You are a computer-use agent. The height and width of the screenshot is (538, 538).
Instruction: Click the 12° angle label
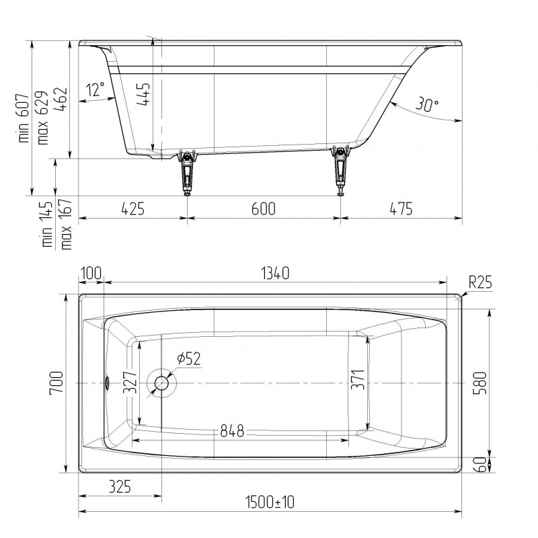click(95, 89)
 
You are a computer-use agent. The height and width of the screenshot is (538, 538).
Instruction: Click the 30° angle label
click(427, 104)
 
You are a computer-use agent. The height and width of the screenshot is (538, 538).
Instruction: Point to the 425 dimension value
click(132, 208)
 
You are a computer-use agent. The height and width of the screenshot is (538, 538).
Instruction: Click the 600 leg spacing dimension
click(263, 208)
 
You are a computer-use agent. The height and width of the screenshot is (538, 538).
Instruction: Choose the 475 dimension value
click(401, 208)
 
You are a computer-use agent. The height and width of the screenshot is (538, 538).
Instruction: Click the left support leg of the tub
click(187, 171)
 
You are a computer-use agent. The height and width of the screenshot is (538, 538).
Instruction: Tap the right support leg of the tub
click(340, 169)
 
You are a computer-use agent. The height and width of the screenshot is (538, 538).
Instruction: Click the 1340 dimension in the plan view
click(275, 274)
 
